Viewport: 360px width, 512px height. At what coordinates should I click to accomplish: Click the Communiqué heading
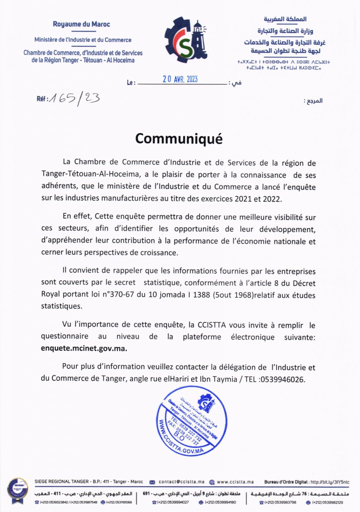tap(179, 139)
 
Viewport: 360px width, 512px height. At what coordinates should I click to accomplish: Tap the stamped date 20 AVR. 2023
tap(180, 79)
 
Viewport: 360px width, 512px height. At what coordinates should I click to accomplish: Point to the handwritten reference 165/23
tap(74, 98)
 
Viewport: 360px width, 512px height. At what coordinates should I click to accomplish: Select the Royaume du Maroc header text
tap(81, 24)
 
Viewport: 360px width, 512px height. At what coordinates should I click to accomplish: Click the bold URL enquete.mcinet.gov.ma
tap(84, 349)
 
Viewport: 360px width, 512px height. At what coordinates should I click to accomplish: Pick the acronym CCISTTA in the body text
tap(211, 325)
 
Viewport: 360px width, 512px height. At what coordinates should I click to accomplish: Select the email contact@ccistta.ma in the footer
tap(181, 482)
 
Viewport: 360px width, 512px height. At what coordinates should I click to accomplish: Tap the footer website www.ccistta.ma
tap(235, 482)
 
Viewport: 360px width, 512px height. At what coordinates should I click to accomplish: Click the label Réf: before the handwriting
tap(42, 99)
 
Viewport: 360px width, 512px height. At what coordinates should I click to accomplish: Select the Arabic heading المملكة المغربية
tap(285, 19)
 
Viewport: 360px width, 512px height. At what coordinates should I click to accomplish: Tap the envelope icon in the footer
tap(153, 482)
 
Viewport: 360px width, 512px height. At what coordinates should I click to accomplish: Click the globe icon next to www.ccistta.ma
tap(212, 482)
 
